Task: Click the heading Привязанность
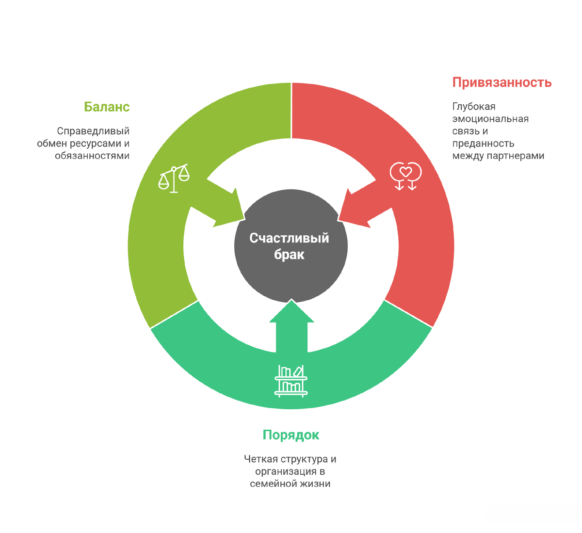tap(502, 82)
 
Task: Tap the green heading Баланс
tap(107, 107)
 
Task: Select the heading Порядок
tap(291, 435)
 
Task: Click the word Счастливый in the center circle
tap(289, 238)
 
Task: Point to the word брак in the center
tap(289, 255)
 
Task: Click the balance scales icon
tap(174, 178)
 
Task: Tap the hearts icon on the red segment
tap(405, 176)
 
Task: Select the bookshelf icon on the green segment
tap(291, 381)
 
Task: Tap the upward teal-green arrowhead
tap(291, 315)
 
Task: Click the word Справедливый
tap(93, 131)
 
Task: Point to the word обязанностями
tap(92, 156)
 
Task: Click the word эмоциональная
tap(490, 119)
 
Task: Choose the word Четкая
tap(261, 459)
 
